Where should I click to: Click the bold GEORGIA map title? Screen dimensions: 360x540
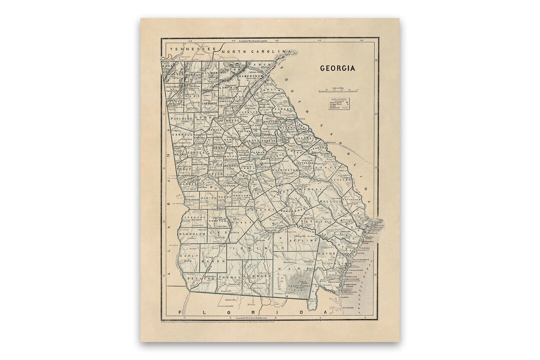(x=338, y=68)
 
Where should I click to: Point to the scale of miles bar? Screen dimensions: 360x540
(x=338, y=90)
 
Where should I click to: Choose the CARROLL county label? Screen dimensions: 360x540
(x=182, y=134)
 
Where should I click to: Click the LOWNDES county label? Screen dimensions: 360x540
(x=258, y=276)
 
